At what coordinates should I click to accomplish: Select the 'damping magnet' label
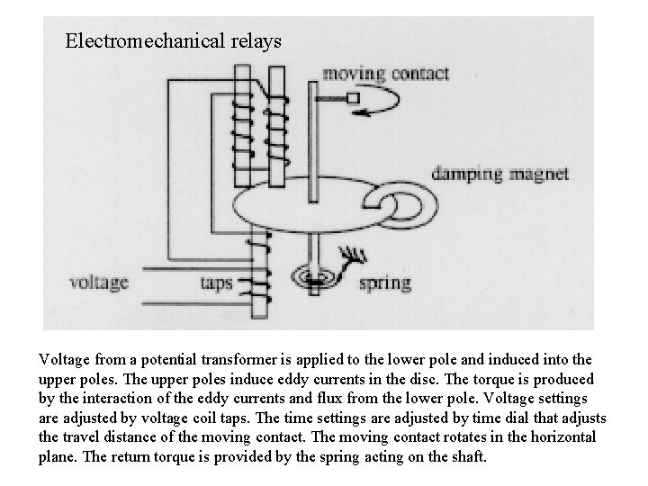tap(500, 174)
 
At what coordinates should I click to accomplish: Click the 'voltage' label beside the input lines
tap(99, 282)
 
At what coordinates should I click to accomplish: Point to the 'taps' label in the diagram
tap(217, 282)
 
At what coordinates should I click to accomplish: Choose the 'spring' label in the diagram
tap(384, 283)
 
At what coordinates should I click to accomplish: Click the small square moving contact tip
tap(353, 97)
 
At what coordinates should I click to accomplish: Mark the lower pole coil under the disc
tap(260, 265)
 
